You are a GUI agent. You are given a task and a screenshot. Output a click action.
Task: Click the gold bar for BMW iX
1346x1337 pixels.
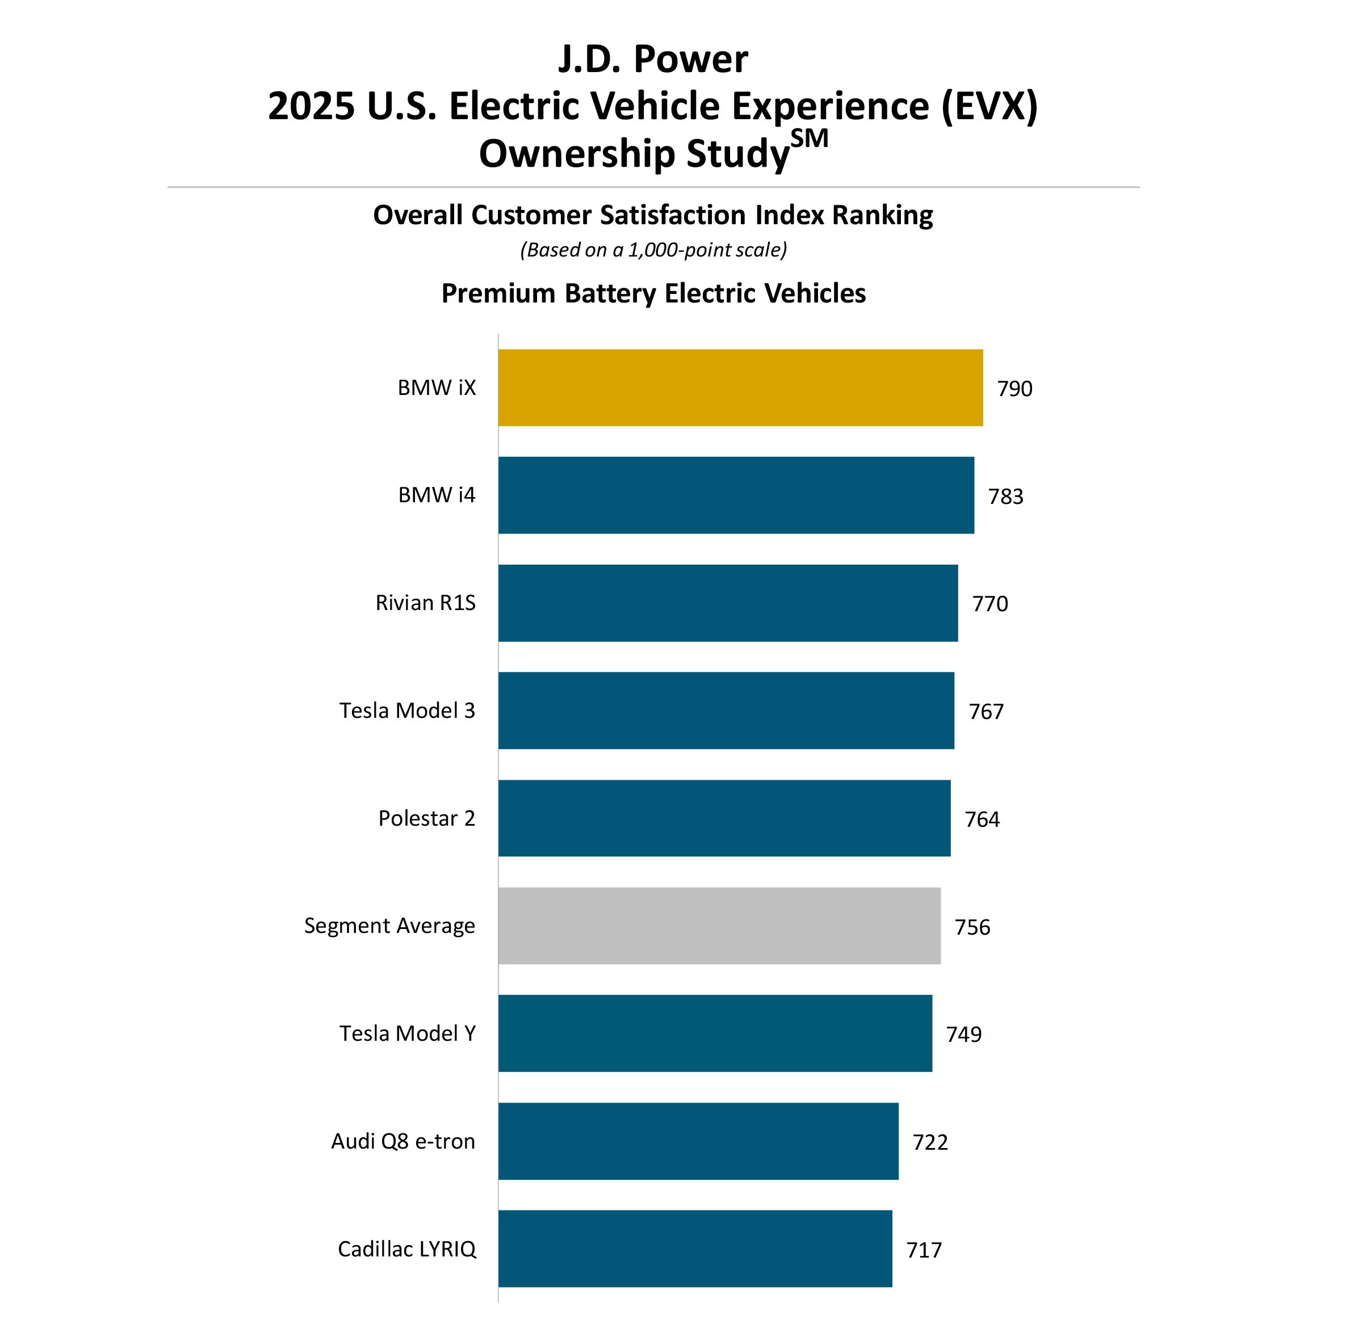pyautogui.click(x=740, y=388)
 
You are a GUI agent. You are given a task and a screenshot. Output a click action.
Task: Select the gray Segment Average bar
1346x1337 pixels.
pyautogui.click(x=719, y=926)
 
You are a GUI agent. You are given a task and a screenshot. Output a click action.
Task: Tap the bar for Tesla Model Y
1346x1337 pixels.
pyautogui.click(x=715, y=1033)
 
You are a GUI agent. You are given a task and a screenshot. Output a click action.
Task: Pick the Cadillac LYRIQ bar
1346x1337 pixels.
pyautogui.click(x=695, y=1248)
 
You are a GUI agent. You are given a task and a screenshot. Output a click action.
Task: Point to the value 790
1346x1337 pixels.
pyautogui.click(x=1014, y=389)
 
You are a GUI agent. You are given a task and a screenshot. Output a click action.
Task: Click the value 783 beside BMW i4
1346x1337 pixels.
pyautogui.click(x=1005, y=497)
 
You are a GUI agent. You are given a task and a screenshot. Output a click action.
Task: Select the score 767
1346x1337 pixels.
pyautogui.click(x=986, y=712)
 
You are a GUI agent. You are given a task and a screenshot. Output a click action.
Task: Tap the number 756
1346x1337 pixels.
pyautogui.click(x=972, y=927)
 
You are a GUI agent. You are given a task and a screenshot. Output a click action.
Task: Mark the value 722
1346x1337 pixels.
pyautogui.click(x=930, y=1142)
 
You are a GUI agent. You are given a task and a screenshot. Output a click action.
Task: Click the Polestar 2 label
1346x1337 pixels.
pyautogui.click(x=426, y=818)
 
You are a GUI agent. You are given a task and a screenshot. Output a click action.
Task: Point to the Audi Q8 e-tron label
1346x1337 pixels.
pyautogui.click(x=402, y=1141)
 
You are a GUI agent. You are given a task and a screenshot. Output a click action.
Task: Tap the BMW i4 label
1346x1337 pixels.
pyautogui.click(x=436, y=495)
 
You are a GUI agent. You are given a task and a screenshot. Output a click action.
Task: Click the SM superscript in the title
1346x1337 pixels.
pyautogui.click(x=810, y=138)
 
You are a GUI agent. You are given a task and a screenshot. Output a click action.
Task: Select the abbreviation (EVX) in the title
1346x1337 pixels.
pyautogui.click(x=989, y=107)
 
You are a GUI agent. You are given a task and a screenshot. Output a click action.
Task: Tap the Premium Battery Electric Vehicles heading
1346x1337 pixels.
pyautogui.click(x=653, y=293)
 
